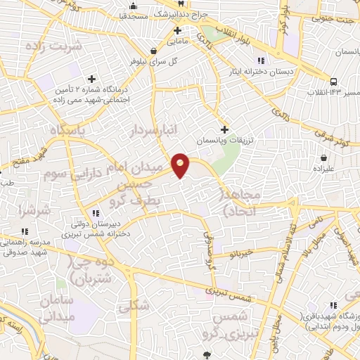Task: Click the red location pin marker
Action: pos(181,165)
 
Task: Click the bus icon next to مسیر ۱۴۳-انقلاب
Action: pos(333,81)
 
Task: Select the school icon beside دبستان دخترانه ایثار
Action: pos(262,60)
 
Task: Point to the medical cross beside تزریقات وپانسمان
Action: pos(225,129)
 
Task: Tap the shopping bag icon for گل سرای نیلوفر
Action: pos(154,50)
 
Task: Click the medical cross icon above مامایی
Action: pos(178,30)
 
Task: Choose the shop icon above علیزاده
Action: pos(323,157)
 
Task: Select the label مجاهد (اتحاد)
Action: pos(242,201)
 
